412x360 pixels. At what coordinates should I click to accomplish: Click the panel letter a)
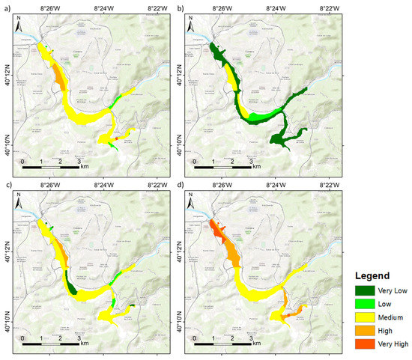pyautogui.click(x=5, y=7)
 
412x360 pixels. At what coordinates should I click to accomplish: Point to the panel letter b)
pyautogui.click(x=180, y=7)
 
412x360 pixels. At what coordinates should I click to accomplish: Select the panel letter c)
pyautogui.click(x=5, y=184)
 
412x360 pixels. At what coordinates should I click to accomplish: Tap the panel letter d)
pyautogui.click(x=180, y=184)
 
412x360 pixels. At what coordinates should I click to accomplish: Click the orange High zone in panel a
pyautogui.click(x=59, y=75)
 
